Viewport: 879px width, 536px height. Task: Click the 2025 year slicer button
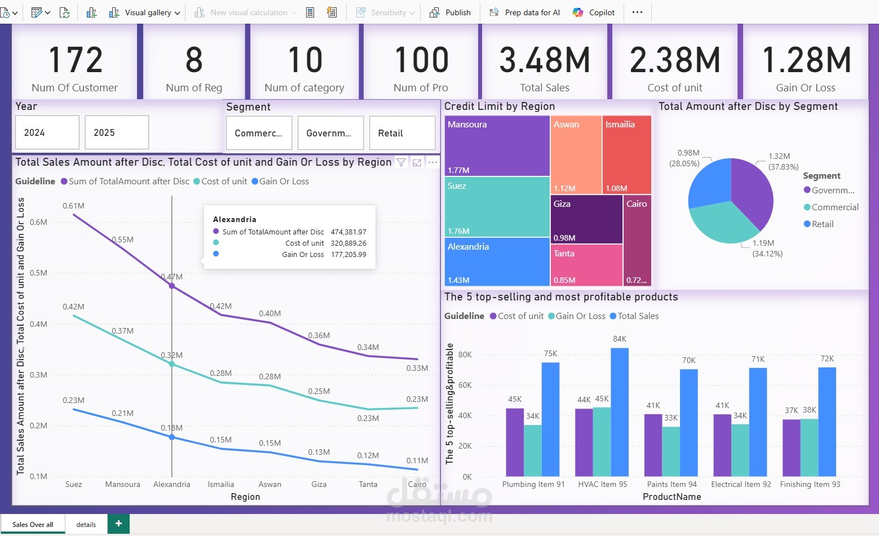click(117, 132)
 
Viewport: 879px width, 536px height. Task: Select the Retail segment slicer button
click(402, 133)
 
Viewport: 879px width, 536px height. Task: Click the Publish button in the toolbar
click(450, 12)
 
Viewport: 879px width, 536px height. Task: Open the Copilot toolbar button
click(594, 12)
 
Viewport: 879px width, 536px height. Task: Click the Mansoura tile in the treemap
click(497, 146)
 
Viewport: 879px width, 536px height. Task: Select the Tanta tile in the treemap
click(586, 265)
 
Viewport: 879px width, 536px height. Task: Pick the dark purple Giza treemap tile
click(586, 219)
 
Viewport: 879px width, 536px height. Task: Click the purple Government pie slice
click(753, 192)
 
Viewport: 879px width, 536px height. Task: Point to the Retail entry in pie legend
click(822, 224)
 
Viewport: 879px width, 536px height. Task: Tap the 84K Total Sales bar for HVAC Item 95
click(620, 411)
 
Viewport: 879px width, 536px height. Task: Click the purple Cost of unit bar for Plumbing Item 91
click(515, 442)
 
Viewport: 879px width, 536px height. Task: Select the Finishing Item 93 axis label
click(810, 484)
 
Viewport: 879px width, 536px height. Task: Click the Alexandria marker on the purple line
click(172, 286)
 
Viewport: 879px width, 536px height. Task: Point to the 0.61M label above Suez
click(73, 206)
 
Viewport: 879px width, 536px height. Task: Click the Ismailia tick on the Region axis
click(220, 484)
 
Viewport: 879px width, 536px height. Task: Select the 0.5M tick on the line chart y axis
click(38, 273)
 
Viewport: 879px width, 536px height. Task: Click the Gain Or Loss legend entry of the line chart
click(284, 181)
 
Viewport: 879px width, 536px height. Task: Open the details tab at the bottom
click(86, 524)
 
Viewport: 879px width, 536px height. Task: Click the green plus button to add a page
click(118, 524)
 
